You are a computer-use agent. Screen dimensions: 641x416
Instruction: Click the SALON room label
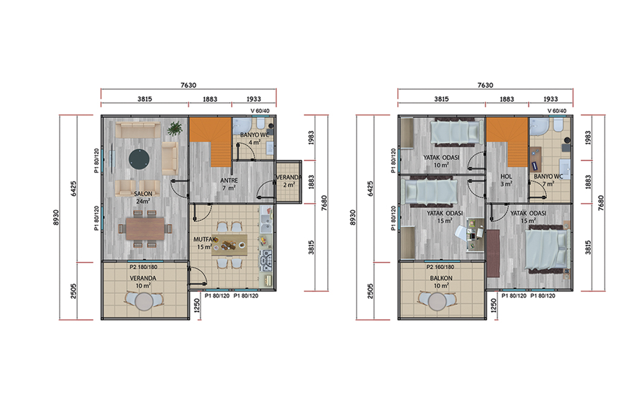coord(143,193)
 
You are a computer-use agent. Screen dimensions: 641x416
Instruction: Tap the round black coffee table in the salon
coord(139,159)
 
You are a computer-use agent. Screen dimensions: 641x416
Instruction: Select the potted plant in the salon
coord(174,128)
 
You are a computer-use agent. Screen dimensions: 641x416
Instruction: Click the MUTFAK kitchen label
coord(205,239)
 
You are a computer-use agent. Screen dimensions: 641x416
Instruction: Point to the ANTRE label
coord(229,181)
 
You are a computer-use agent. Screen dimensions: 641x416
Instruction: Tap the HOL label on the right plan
coord(506,177)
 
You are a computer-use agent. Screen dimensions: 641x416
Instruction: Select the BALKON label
coord(441,278)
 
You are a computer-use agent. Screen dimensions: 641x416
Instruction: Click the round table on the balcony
coord(438,302)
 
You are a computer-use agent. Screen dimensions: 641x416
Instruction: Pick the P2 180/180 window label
coord(144,267)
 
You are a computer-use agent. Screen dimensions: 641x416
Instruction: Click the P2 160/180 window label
coord(440,267)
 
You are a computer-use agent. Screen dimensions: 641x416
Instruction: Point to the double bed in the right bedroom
coord(547,251)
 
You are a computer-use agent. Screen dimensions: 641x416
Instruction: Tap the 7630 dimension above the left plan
coord(188,85)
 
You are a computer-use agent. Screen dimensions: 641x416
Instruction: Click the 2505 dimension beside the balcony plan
coord(371,291)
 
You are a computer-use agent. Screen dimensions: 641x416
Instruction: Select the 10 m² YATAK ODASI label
coord(441,161)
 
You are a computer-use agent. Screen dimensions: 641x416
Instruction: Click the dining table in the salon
coord(145,229)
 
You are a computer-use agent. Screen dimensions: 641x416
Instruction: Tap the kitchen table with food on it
coord(229,245)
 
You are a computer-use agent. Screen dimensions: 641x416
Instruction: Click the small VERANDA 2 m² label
coord(289,181)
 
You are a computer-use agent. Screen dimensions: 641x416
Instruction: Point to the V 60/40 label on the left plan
coord(260,111)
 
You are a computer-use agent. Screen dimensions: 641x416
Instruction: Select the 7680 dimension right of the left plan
coord(324,203)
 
